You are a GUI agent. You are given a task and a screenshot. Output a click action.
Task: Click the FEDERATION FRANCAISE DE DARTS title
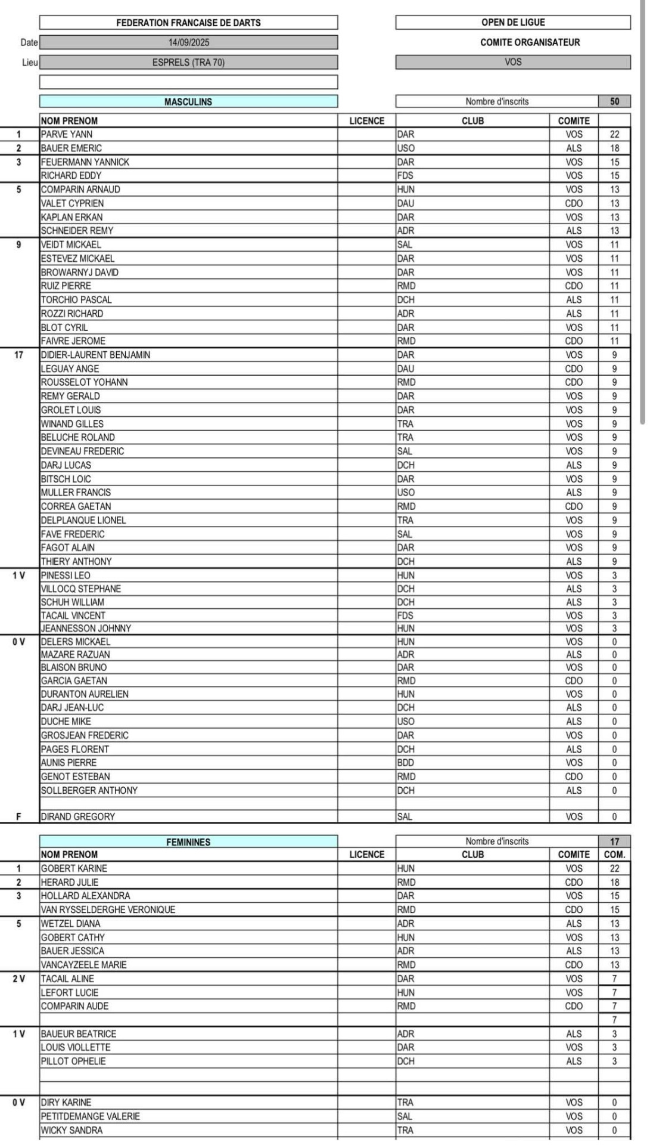coord(188,23)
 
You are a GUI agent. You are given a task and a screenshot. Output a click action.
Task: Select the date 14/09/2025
coord(188,42)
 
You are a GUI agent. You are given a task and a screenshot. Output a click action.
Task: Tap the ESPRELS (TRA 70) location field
coord(188,62)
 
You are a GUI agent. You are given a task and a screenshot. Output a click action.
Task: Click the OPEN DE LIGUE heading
coord(513,22)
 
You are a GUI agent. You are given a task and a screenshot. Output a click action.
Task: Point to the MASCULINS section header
coord(188,102)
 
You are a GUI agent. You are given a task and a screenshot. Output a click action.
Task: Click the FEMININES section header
coord(188,842)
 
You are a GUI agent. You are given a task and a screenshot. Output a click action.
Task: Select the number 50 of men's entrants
coord(614,101)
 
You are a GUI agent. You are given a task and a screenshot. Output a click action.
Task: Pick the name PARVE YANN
coord(67,134)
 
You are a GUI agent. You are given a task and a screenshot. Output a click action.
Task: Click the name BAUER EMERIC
coord(71,148)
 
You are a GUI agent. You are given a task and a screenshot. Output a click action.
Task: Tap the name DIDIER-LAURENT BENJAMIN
coord(95,355)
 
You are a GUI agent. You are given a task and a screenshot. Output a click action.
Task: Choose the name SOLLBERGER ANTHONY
coord(89,790)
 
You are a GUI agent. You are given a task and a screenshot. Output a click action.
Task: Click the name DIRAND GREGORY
coord(78,816)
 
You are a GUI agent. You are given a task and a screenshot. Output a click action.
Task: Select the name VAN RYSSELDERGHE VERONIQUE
coord(108,909)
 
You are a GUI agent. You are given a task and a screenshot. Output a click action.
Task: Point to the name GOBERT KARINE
coord(74,868)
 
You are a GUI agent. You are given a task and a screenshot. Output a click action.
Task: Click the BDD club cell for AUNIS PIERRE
coord(406,763)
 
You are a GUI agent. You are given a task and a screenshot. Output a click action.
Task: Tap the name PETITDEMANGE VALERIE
coord(91,1116)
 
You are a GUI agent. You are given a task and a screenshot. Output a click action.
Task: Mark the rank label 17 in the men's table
coord(18,355)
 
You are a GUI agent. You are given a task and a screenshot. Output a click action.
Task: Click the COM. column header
coord(614,855)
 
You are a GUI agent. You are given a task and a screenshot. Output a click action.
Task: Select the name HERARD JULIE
coord(70,882)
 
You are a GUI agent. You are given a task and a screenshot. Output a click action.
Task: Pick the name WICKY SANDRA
coord(71,1130)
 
